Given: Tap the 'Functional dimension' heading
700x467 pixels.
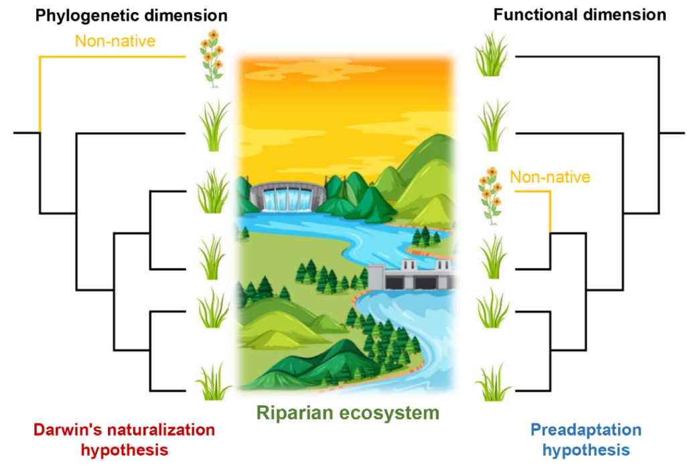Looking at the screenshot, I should tap(580, 14).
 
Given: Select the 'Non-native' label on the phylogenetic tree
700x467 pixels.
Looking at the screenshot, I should tap(115, 42).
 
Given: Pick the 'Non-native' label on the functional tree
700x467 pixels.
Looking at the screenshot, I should tap(550, 178).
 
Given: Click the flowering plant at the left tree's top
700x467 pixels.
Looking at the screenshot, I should tap(213, 58).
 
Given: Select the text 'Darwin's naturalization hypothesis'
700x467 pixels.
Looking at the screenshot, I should tap(125, 439).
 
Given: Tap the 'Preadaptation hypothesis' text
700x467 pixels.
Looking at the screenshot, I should tap(585, 439).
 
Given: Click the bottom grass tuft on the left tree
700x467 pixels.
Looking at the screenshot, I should tap(213, 382).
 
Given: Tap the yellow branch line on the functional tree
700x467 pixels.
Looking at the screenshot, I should tap(549, 208).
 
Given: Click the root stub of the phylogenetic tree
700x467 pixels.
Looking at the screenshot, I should tap(25, 133).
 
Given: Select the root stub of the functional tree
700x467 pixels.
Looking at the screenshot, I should tap(673, 133).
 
